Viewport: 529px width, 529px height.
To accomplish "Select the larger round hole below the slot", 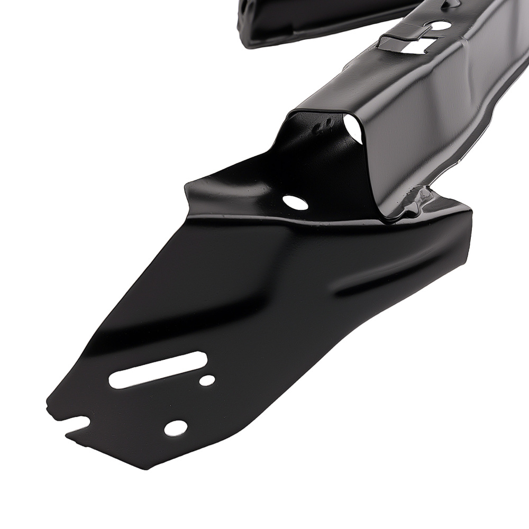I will pyautogui.click(x=175, y=427).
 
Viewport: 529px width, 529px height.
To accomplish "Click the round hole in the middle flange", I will pyautogui.click(x=294, y=202).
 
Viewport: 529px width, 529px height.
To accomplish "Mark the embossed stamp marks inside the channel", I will pyautogui.click(x=321, y=127).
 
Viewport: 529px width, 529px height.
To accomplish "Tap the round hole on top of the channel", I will pyautogui.click(x=440, y=25).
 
